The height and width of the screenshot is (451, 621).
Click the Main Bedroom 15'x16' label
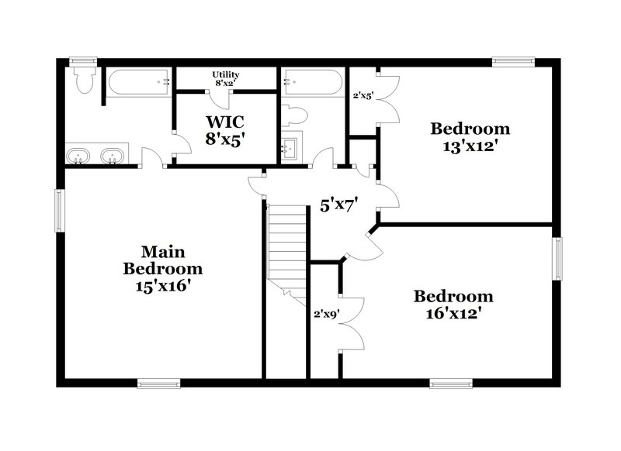(163, 269)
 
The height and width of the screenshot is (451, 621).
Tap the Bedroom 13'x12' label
(470, 136)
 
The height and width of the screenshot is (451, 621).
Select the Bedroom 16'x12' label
(453, 305)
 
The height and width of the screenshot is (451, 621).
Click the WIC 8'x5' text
(225, 129)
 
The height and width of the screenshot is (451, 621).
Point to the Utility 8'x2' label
(226, 78)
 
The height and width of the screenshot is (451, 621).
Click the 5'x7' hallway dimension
(338, 207)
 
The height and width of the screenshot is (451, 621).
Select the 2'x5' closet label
(363, 97)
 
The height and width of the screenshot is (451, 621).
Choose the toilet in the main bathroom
(83, 79)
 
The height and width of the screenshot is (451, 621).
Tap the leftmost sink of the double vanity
(78, 157)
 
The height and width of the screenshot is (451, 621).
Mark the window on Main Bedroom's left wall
(58, 209)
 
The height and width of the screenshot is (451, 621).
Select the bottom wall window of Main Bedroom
(159, 382)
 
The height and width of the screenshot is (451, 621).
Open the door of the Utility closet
(222, 98)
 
